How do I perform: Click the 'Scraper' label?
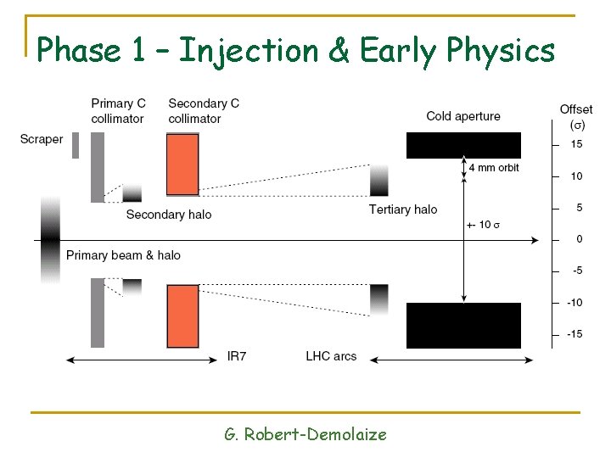coord(42,139)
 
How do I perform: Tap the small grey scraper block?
coord(76,145)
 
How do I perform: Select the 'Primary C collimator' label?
coord(118,111)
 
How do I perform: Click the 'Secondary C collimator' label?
coord(204,111)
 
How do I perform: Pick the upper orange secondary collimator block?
coord(183,165)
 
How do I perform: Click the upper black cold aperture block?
coord(463,145)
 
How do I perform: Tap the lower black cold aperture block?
coord(463,325)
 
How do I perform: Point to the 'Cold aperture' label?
coord(463,116)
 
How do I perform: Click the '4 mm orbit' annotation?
coord(494,168)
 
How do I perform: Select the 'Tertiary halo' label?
coord(403,209)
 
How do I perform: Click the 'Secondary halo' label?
coord(168,215)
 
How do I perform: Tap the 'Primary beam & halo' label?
coord(123,255)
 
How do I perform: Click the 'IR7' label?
coord(237,356)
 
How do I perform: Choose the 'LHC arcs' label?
coord(331,356)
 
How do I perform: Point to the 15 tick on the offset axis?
coord(575,145)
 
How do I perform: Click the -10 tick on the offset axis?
coord(575,303)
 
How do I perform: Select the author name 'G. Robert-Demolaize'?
coord(305,434)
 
